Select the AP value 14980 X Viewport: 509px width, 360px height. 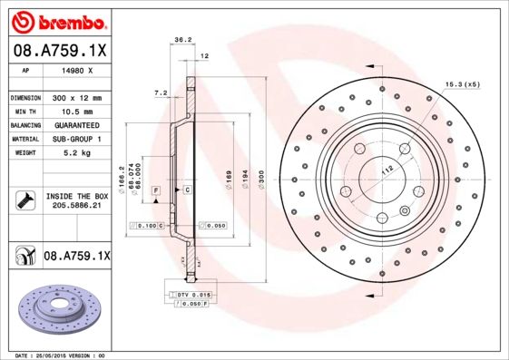coord(75,69)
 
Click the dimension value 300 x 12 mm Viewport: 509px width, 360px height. coord(76,97)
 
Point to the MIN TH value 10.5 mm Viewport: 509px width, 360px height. coord(75,111)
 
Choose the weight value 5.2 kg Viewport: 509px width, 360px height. coord(75,152)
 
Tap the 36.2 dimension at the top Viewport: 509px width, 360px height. coord(182,40)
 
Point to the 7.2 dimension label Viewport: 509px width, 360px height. coord(162,92)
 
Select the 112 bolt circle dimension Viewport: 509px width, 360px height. coord(386,169)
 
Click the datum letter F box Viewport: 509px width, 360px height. coord(155,190)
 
